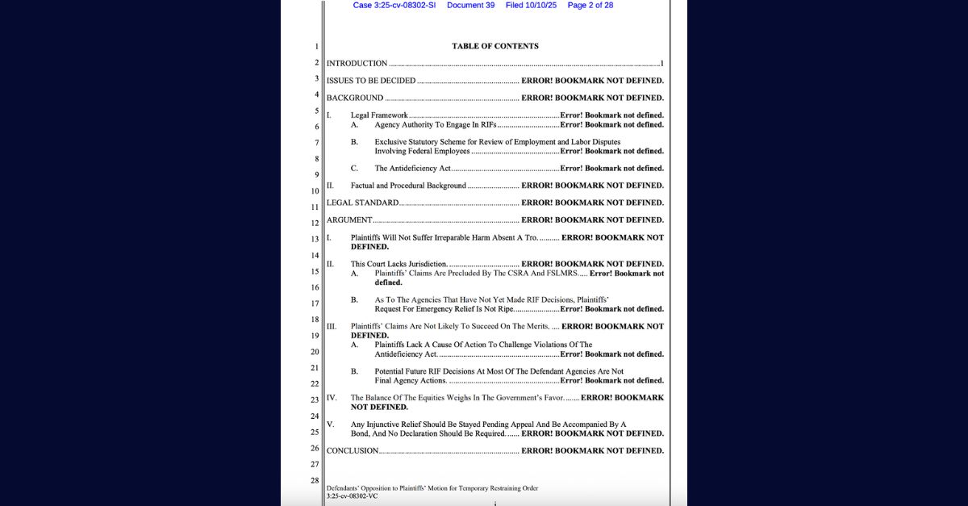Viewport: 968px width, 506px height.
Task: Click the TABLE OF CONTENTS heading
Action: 494,46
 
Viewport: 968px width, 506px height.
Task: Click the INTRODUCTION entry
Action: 357,63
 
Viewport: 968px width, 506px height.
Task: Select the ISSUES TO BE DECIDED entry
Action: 371,81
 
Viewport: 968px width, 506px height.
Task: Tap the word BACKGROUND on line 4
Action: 355,98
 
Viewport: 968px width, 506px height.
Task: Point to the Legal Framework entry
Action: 379,115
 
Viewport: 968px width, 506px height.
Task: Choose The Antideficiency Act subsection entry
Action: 412,169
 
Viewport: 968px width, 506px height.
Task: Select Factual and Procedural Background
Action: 408,186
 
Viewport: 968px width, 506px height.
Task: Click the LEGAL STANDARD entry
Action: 362,203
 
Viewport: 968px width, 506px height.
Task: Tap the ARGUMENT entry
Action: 349,220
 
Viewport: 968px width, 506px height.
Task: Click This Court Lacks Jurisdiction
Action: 398,264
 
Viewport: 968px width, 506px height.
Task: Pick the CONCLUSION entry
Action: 353,450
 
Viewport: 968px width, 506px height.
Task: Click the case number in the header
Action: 394,5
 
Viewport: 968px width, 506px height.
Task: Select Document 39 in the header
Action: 470,5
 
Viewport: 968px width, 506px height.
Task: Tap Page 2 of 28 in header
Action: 590,5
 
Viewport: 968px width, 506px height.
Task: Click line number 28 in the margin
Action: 315,481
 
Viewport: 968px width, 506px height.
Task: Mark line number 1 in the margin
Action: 317,47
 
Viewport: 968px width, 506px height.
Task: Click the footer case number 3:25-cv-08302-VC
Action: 352,496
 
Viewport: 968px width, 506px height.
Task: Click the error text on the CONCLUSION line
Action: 592,450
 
